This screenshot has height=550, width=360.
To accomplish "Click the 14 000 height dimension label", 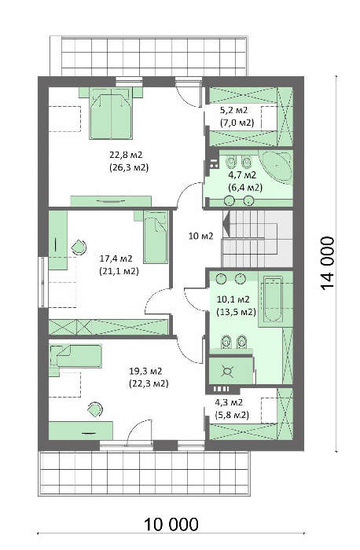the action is click(327, 263).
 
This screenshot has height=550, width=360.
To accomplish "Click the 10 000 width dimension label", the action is click(171, 524).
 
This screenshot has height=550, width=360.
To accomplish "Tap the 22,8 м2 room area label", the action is click(126, 155).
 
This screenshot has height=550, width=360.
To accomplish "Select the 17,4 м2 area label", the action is click(116, 258).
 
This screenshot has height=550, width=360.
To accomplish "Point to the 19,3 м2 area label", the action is click(145, 371).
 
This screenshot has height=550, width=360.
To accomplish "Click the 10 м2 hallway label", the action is click(200, 236).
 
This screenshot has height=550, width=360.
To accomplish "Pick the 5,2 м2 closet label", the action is click(233, 110).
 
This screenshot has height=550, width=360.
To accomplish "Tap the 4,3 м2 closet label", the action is click(229, 402).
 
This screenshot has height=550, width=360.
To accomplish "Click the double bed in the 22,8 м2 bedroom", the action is click(112, 113).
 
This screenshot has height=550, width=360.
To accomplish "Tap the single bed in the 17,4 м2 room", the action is click(155, 236).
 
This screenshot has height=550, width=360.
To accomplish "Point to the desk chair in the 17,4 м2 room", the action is click(79, 247).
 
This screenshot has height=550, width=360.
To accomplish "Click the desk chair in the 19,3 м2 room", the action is click(95, 409).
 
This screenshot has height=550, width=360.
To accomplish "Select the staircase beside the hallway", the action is click(258, 239).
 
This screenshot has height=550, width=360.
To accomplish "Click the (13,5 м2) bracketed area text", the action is click(237, 312).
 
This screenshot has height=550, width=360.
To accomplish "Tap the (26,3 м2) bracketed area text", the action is click(129, 167).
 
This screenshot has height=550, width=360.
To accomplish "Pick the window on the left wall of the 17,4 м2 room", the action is click(43, 282).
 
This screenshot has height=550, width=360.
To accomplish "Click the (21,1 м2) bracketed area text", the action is click(119, 271).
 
